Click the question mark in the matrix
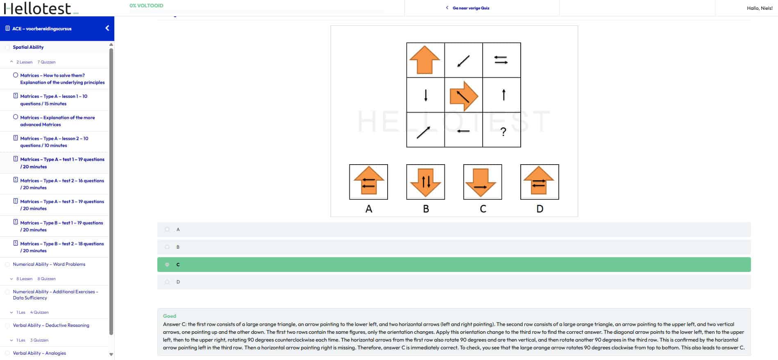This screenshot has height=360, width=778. [x=503, y=131]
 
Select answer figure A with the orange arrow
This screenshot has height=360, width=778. [x=368, y=182]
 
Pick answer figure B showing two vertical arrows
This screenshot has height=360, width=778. [x=425, y=182]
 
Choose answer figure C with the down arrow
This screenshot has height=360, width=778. [x=482, y=182]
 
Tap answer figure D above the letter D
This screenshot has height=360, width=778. [x=539, y=182]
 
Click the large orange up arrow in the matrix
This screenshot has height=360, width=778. [x=425, y=60]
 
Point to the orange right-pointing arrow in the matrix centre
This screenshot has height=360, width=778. [x=464, y=96]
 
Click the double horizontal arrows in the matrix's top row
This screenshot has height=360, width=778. [x=501, y=60]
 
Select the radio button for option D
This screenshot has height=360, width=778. [x=167, y=282]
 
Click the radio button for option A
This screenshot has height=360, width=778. [x=167, y=229]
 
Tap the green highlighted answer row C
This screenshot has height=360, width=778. [x=454, y=265]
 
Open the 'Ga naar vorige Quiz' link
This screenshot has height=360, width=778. [x=470, y=8]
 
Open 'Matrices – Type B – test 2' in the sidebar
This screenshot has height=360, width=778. [x=62, y=247]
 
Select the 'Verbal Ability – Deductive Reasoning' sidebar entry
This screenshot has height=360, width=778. [x=51, y=325]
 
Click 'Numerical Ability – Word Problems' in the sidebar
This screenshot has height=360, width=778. [x=49, y=264]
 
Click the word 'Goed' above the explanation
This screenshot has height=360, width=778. [x=170, y=316]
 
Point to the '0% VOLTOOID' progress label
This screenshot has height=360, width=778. [x=146, y=6]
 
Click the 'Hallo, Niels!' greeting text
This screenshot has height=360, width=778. [x=760, y=8]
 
